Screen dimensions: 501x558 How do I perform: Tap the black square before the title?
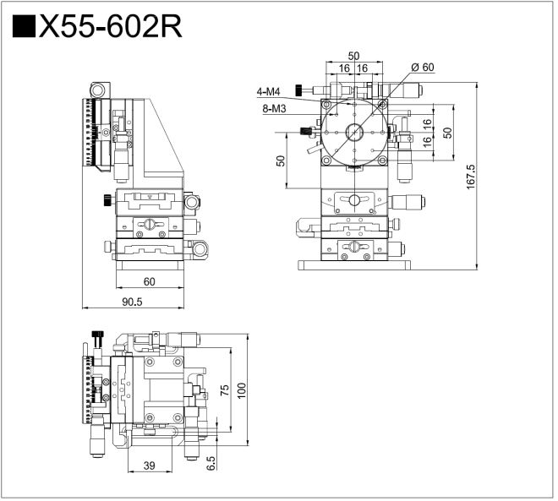[23, 27]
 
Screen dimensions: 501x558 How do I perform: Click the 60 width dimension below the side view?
[149, 281]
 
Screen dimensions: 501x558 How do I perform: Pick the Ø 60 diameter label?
[422, 67]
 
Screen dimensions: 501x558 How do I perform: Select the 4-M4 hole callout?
[271, 91]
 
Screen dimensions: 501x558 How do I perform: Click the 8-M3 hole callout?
[273, 107]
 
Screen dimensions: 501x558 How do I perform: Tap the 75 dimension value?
[224, 389]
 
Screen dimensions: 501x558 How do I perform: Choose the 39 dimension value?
[150, 466]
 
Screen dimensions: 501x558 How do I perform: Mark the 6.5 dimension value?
[211, 463]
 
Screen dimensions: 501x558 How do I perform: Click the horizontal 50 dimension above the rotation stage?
[353, 56]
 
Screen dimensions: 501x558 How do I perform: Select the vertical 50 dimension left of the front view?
[281, 161]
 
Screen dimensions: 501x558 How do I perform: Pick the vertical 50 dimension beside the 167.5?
[447, 132]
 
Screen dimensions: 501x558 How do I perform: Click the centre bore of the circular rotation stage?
[353, 133]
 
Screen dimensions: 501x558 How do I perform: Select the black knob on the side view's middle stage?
[104, 199]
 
